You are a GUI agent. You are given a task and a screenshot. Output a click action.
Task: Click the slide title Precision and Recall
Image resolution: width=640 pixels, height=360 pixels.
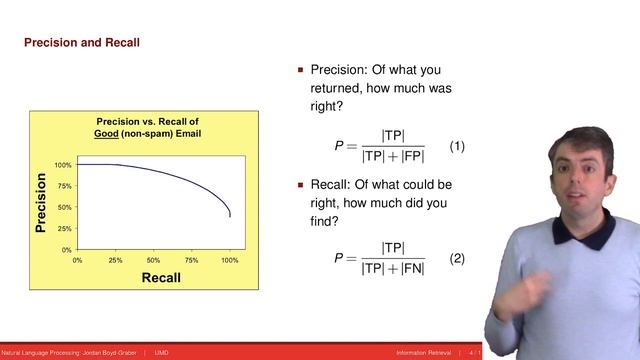coord(81,43)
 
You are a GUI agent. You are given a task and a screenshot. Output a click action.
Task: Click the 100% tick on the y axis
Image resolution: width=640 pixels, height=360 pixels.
coord(62,164)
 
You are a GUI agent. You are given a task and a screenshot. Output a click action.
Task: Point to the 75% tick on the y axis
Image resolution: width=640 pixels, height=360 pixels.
coord(64,186)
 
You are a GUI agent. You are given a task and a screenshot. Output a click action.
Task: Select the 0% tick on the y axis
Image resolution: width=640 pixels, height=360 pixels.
coord(66,249)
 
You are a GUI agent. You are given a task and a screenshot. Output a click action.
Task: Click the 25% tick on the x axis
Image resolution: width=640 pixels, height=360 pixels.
coord(116,259)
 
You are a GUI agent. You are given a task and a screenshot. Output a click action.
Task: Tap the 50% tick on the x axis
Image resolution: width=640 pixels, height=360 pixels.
coord(154,259)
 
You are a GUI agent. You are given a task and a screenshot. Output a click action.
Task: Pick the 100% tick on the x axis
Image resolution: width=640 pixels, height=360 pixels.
coord(229,259)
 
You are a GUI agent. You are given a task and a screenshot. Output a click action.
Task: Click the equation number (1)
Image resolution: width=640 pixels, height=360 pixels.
coord(457,147)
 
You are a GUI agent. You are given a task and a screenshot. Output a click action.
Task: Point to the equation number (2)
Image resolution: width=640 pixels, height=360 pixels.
coord(457,258)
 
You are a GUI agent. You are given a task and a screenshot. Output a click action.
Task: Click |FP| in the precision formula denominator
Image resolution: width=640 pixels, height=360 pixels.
coord(410,156)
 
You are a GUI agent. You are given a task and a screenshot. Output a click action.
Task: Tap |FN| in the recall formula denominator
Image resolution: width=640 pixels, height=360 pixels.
coord(410,267)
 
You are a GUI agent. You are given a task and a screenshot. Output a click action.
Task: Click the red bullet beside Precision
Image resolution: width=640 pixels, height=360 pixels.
coord(300,72)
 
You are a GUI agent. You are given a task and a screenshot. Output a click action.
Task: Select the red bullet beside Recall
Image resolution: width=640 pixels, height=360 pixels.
coord(300,185)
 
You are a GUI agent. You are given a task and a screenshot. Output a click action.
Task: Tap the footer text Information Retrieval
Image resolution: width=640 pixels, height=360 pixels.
coord(424,353)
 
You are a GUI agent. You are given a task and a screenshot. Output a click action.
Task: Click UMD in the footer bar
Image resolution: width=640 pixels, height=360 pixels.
coord(160,353)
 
